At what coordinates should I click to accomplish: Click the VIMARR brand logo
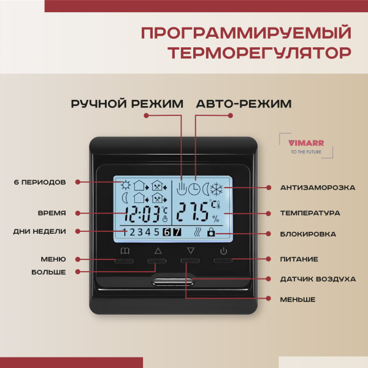(299, 145)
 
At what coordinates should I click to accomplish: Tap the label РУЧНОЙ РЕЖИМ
(127, 104)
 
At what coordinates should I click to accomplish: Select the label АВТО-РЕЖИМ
(243, 104)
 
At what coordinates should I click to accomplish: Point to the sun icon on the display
(126, 184)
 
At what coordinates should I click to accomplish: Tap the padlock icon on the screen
(212, 232)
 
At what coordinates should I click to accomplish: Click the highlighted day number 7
(177, 232)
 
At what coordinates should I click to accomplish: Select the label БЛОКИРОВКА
(310, 233)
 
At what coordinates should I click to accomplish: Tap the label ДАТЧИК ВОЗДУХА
(318, 279)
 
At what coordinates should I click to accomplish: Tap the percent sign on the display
(215, 218)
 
